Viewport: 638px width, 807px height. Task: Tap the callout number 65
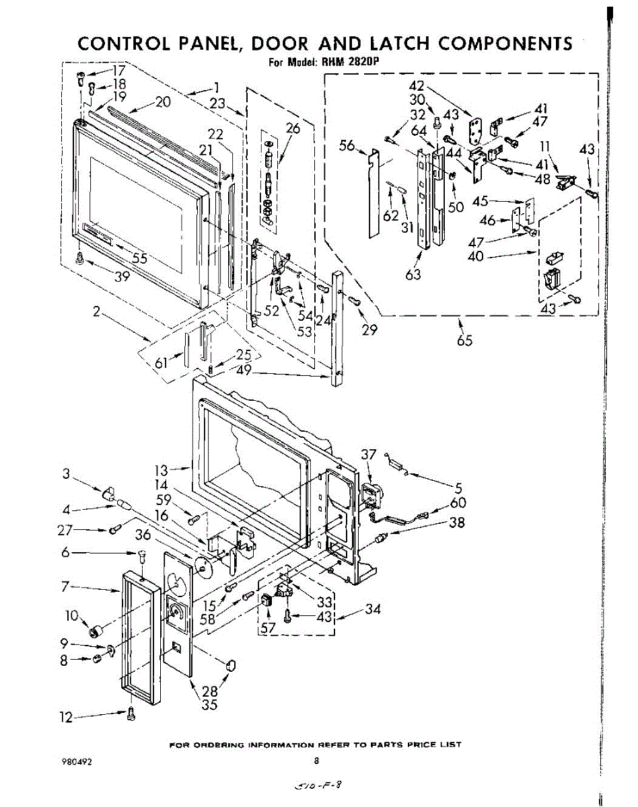[464, 340]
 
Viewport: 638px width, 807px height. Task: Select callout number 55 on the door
[139, 258]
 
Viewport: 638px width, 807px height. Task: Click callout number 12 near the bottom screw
[65, 718]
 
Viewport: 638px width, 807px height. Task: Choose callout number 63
[413, 274]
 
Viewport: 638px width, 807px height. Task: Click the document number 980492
[75, 762]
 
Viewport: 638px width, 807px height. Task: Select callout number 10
[71, 615]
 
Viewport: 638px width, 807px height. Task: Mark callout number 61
[162, 363]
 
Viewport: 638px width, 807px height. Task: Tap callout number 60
[458, 502]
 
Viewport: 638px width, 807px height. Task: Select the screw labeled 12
[131, 714]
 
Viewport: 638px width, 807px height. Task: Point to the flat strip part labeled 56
[374, 195]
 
